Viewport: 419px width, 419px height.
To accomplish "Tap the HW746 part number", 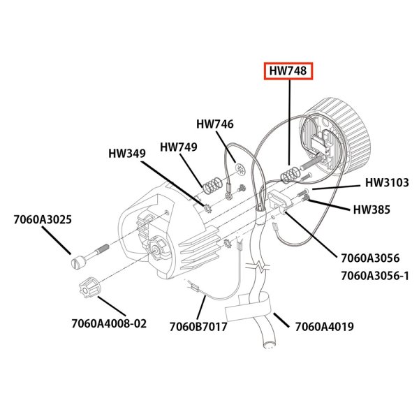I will (214, 124).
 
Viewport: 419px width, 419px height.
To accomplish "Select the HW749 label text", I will (178, 147).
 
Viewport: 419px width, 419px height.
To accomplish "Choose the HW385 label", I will (372, 209).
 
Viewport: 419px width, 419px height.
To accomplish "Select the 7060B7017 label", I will (198, 326).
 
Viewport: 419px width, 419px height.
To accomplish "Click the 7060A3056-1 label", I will (374, 275).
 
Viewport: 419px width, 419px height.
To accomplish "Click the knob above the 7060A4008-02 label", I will (87, 287).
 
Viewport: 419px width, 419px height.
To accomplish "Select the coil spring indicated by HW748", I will (289, 171).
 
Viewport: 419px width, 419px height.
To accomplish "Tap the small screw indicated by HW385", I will (307, 200).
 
